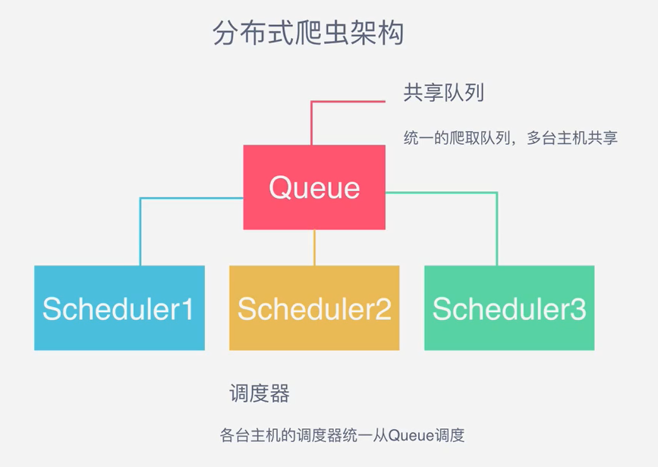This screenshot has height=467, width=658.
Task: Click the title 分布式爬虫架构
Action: [308, 33]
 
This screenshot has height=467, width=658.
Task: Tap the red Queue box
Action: [314, 187]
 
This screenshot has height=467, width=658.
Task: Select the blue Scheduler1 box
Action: [120, 308]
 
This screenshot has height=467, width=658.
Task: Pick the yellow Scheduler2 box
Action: [314, 308]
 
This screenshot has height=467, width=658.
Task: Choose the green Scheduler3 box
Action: [509, 308]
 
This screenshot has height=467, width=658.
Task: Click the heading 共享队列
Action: [443, 92]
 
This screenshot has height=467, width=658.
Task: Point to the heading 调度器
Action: [260, 393]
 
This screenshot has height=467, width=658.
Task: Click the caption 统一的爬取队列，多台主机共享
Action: [510, 138]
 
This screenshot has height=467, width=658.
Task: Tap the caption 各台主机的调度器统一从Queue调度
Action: [342, 435]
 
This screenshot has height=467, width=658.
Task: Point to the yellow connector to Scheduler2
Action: [314, 247]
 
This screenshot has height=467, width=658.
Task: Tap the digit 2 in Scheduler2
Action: [383, 309]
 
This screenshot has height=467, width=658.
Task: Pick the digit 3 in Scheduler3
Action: [578, 309]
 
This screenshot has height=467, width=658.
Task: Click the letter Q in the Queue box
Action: [280, 187]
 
